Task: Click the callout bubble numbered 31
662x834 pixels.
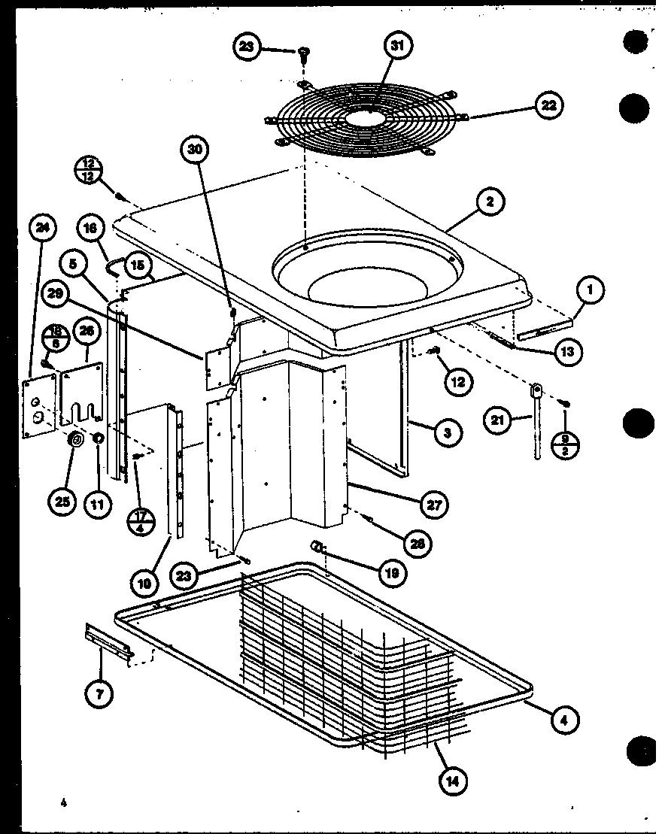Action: click(399, 46)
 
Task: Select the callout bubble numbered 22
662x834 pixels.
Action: click(549, 105)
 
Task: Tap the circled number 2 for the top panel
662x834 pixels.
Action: click(490, 202)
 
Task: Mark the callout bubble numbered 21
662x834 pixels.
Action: click(497, 420)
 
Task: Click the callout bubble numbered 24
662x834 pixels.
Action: click(42, 227)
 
